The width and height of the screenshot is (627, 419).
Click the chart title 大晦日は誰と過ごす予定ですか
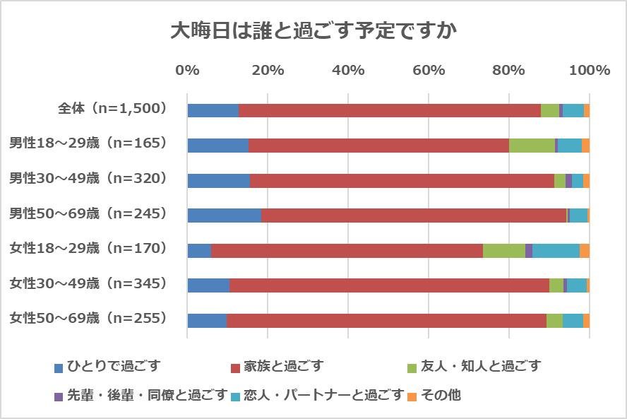(x=313, y=31)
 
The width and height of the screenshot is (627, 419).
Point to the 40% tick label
(x=348, y=71)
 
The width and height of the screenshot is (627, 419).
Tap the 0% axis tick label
(x=187, y=71)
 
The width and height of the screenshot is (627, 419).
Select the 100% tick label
(x=589, y=71)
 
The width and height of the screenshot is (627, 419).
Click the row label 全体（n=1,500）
(x=113, y=109)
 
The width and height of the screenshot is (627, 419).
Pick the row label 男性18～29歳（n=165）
(x=88, y=144)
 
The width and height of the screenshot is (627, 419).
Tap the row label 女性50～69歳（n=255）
(x=88, y=319)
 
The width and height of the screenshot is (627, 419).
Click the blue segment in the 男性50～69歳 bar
(x=224, y=216)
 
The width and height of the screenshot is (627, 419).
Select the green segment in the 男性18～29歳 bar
(x=532, y=146)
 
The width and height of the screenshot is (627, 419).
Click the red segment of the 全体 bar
(x=389, y=110)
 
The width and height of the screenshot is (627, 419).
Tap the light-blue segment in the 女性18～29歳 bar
(x=556, y=251)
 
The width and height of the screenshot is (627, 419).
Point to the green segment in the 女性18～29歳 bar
(x=503, y=251)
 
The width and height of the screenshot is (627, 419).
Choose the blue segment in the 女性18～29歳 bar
(x=199, y=251)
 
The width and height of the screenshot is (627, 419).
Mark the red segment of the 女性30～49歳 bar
(x=389, y=285)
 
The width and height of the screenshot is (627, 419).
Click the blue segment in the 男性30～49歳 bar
(x=218, y=180)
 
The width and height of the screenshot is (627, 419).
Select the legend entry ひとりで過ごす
(x=114, y=367)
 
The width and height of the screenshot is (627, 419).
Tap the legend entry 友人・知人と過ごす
(x=481, y=367)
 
